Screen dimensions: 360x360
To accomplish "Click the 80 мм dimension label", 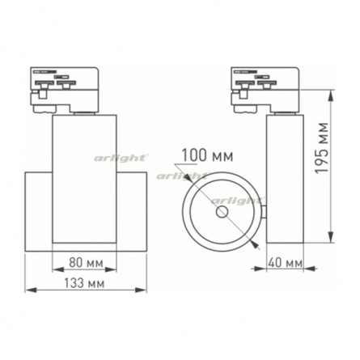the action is click(x=86, y=263).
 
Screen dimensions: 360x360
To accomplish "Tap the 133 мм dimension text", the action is click(x=84, y=283).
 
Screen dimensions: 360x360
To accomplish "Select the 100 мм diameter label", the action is click(x=207, y=155).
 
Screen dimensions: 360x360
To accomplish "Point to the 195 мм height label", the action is click(x=323, y=147).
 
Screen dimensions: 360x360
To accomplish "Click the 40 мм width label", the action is click(x=285, y=263).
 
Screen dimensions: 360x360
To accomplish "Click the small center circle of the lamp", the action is click(x=222, y=212).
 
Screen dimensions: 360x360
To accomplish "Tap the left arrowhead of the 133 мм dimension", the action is click(x=31, y=290).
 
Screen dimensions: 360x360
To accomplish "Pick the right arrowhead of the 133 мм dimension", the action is click(x=141, y=290).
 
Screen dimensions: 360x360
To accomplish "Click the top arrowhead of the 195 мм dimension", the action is click(x=331, y=96).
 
